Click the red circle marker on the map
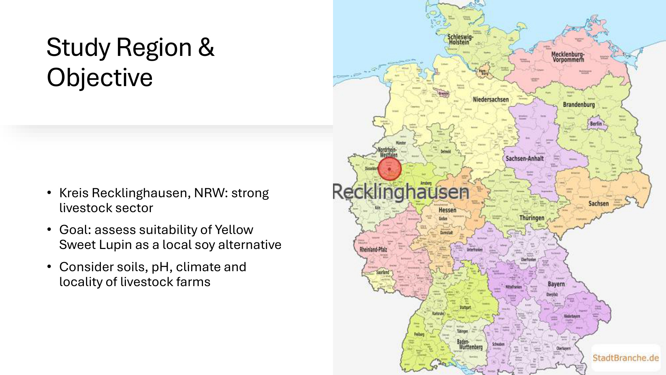[x=390, y=169]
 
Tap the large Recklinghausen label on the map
[x=401, y=192]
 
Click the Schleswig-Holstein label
[x=460, y=39]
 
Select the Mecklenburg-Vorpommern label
[x=568, y=57]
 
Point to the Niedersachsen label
[x=490, y=100]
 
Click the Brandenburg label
[x=579, y=105]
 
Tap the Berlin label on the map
[x=596, y=124]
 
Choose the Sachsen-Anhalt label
[x=524, y=159]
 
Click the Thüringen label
[x=532, y=218]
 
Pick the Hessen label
[x=447, y=210]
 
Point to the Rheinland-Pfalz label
[x=373, y=249]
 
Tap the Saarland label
[x=383, y=272]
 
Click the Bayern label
[x=556, y=284]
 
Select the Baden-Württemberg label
[x=470, y=344]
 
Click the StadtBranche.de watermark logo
[x=625, y=358]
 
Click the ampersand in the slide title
[x=206, y=47]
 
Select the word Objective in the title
[x=100, y=77]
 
